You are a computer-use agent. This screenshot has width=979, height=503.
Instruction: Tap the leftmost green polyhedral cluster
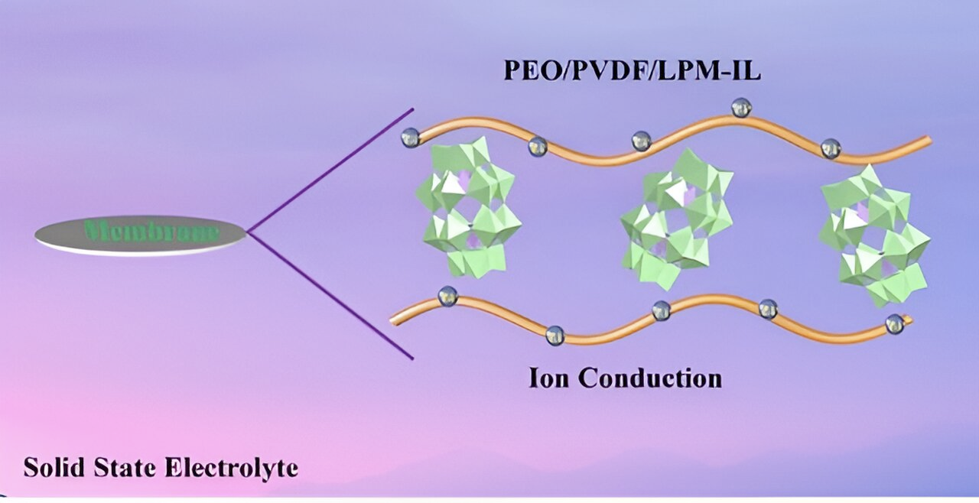[467, 206]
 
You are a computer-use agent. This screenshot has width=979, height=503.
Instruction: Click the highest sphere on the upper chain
[740, 108]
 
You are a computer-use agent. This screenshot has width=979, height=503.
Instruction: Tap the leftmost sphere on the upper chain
[411, 138]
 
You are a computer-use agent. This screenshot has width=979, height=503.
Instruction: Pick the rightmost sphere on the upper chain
[831, 148]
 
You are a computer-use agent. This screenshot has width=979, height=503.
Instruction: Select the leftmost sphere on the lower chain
[447, 296]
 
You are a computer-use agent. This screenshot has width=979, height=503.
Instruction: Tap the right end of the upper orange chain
[928, 141]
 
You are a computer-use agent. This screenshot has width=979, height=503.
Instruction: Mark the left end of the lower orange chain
[393, 321]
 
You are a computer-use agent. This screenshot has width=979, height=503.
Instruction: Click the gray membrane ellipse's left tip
[37, 235]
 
